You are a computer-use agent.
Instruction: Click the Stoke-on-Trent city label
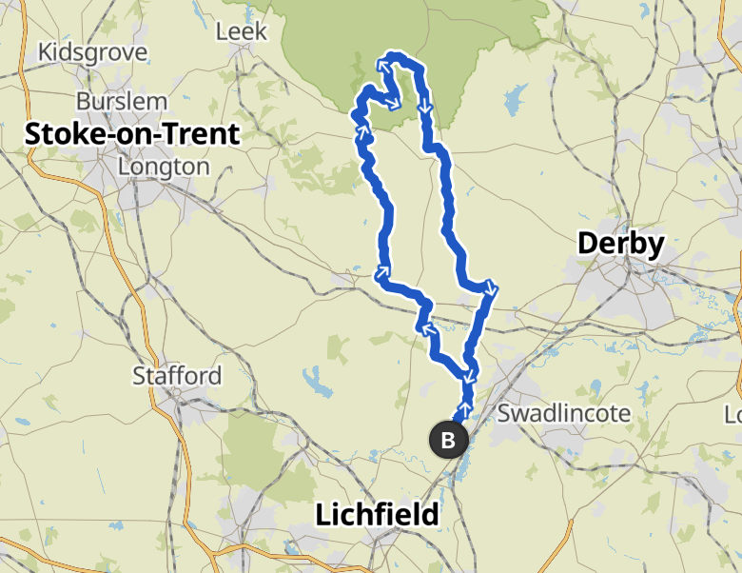tap(132, 134)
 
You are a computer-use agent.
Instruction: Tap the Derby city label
tap(621, 245)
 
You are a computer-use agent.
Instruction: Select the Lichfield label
tap(378, 515)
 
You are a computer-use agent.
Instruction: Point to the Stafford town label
tap(177, 375)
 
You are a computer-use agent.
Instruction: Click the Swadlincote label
tap(564, 414)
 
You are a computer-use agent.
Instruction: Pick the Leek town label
tap(236, 32)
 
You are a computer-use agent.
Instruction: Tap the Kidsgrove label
tap(92, 52)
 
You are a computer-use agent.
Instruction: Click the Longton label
tap(164, 167)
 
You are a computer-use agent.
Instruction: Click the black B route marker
tap(449, 440)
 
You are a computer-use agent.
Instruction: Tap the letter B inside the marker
tap(449, 440)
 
